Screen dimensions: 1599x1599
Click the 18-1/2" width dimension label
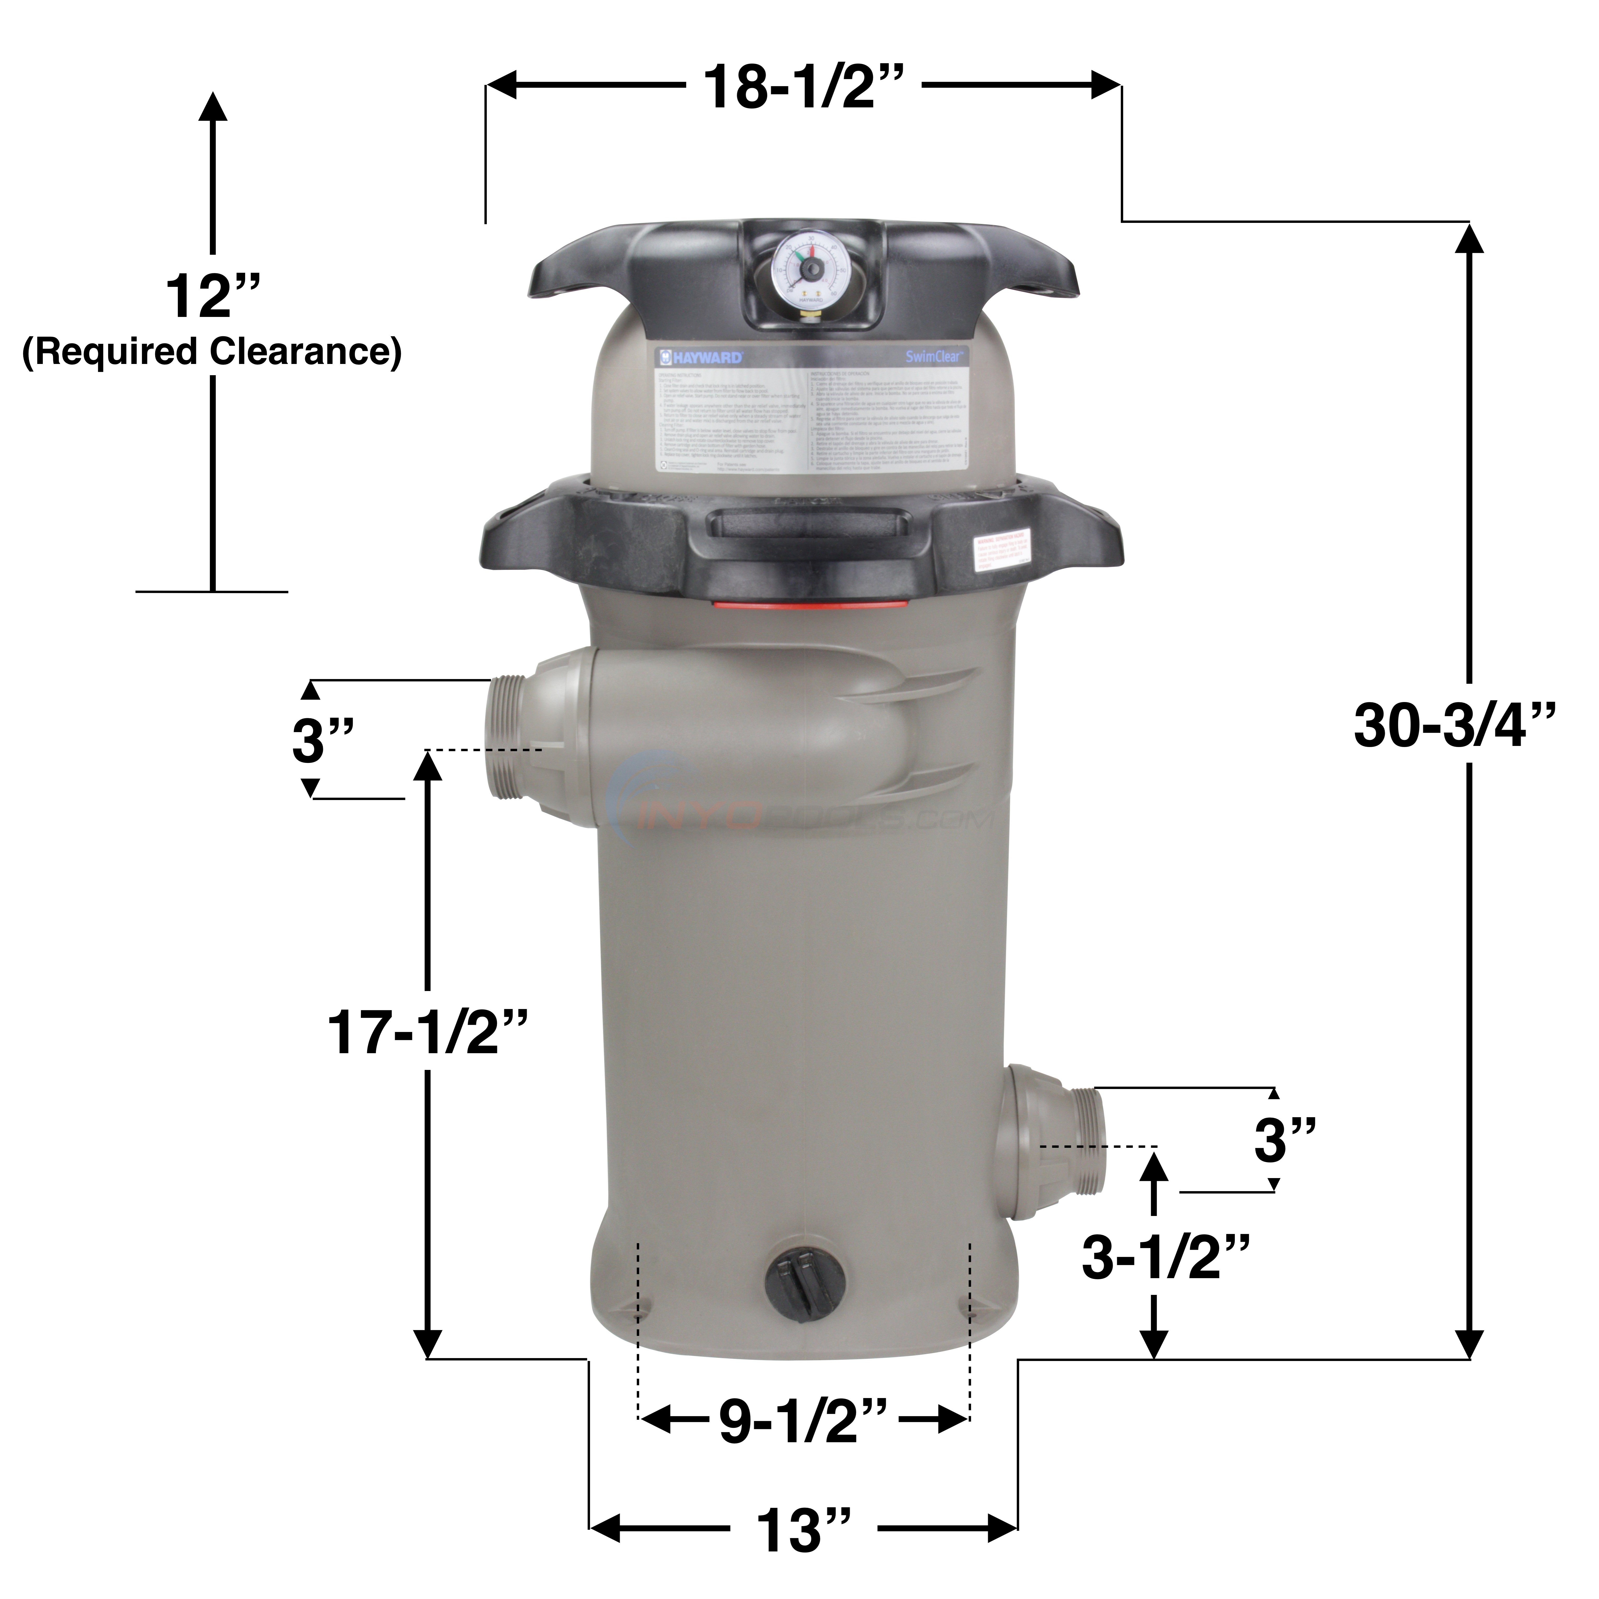(x=801, y=86)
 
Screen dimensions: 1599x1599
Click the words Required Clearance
(x=212, y=352)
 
